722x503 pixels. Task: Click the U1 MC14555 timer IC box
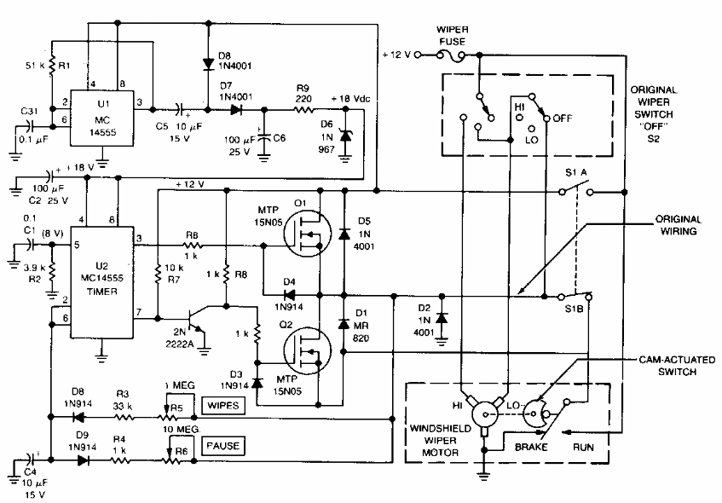click(101, 118)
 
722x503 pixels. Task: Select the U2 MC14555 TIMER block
click(101, 282)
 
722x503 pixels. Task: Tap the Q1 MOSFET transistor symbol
click(307, 233)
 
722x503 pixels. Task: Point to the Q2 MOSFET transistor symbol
click(307, 350)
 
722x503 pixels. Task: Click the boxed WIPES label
click(222, 406)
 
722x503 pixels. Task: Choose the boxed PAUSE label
click(222, 446)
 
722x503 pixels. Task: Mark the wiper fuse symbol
click(452, 55)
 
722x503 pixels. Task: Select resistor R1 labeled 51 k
click(53, 66)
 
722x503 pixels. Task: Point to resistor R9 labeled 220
click(303, 110)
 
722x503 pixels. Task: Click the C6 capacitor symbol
click(264, 137)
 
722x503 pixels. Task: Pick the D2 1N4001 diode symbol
click(442, 318)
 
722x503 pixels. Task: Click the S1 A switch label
click(576, 173)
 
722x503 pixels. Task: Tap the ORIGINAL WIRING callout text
click(679, 225)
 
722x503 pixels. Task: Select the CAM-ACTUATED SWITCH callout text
click(677, 366)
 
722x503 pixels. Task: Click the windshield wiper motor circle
click(485, 414)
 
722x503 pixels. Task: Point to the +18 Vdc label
click(350, 99)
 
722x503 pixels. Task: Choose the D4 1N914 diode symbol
click(289, 294)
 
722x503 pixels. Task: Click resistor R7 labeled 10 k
click(158, 273)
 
